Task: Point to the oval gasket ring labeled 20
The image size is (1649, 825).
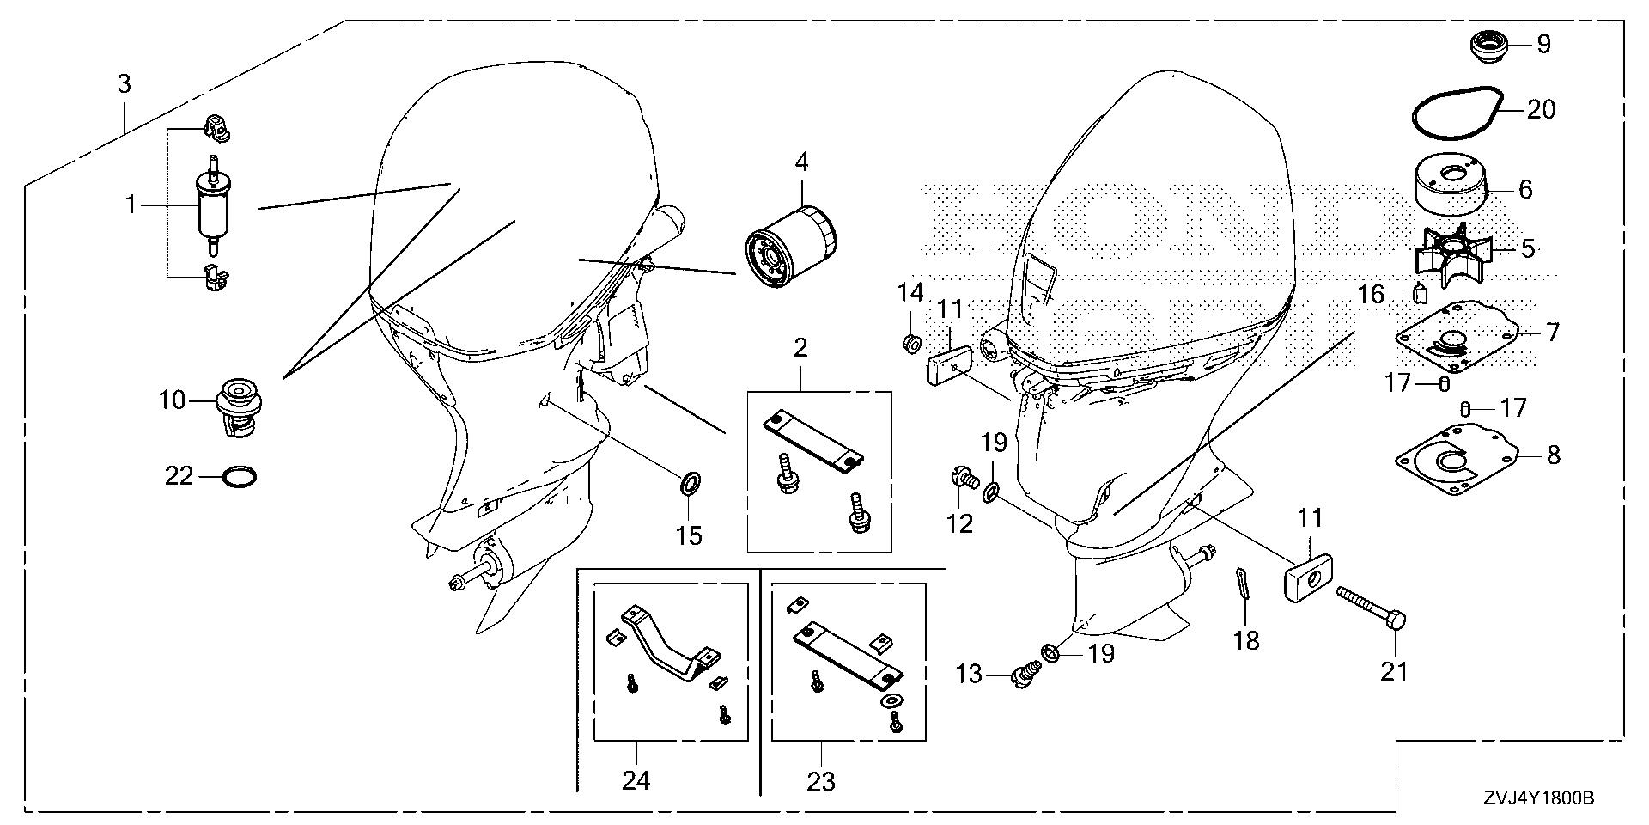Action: (x=1457, y=113)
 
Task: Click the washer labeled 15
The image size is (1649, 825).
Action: (x=690, y=482)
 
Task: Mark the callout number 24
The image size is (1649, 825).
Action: (x=636, y=780)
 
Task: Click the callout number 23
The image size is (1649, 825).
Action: (x=821, y=780)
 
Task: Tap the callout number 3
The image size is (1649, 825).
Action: (x=125, y=84)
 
